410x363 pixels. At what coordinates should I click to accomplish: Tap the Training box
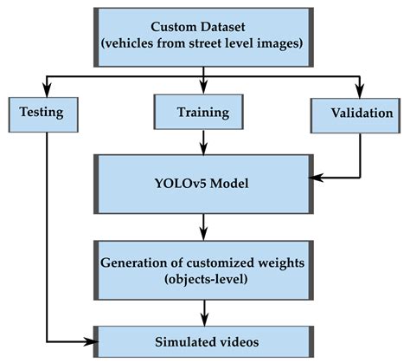pos(203,112)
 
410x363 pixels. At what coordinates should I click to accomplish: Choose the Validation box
pos(361,113)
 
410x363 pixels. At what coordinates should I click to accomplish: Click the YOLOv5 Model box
pos(203,185)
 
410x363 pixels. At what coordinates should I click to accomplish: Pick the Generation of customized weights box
pos(203,269)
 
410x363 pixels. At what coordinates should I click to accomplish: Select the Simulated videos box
pos(203,341)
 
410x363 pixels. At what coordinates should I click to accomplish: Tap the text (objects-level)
pos(204,279)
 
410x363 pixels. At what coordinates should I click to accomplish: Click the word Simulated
pos(178,341)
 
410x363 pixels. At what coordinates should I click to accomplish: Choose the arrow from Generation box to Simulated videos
pos(203,312)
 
